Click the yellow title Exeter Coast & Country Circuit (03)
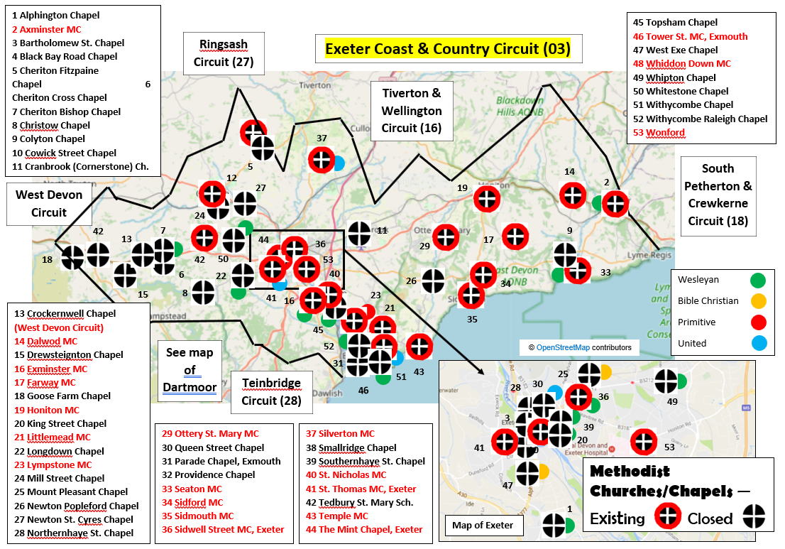448,49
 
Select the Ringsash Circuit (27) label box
224,53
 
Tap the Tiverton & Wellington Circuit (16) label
412,111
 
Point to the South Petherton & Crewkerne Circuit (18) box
718,195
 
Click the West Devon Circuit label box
49,203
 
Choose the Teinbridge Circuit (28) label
271,391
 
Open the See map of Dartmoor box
190,370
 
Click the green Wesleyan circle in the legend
759,280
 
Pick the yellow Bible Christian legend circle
759,300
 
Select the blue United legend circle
759,343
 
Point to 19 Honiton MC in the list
47,410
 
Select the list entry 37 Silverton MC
340,433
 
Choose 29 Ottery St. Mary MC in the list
210,433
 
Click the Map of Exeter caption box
483,526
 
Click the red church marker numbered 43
419,346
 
